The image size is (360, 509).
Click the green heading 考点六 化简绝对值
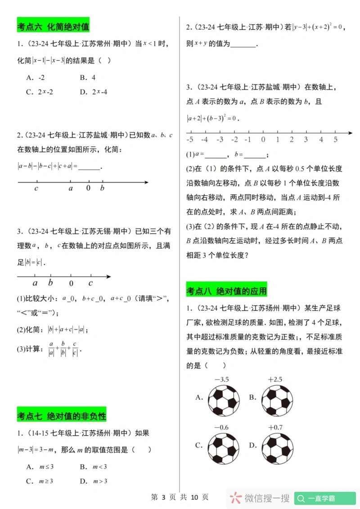point(53,27)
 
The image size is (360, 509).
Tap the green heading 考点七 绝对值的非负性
point(62,416)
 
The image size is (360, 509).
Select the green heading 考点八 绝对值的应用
point(226,291)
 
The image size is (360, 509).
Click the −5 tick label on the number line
point(190,140)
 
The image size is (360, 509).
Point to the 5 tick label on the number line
point(335,140)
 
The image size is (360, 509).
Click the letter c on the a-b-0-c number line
point(90,283)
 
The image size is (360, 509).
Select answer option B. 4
point(88,77)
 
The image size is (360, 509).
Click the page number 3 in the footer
point(163,497)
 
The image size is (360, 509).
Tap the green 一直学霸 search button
point(325,498)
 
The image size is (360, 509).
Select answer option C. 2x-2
point(40,92)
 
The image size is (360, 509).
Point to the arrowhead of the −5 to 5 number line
point(350,133)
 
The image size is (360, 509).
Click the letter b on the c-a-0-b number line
point(102,188)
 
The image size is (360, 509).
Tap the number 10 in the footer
point(194,497)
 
